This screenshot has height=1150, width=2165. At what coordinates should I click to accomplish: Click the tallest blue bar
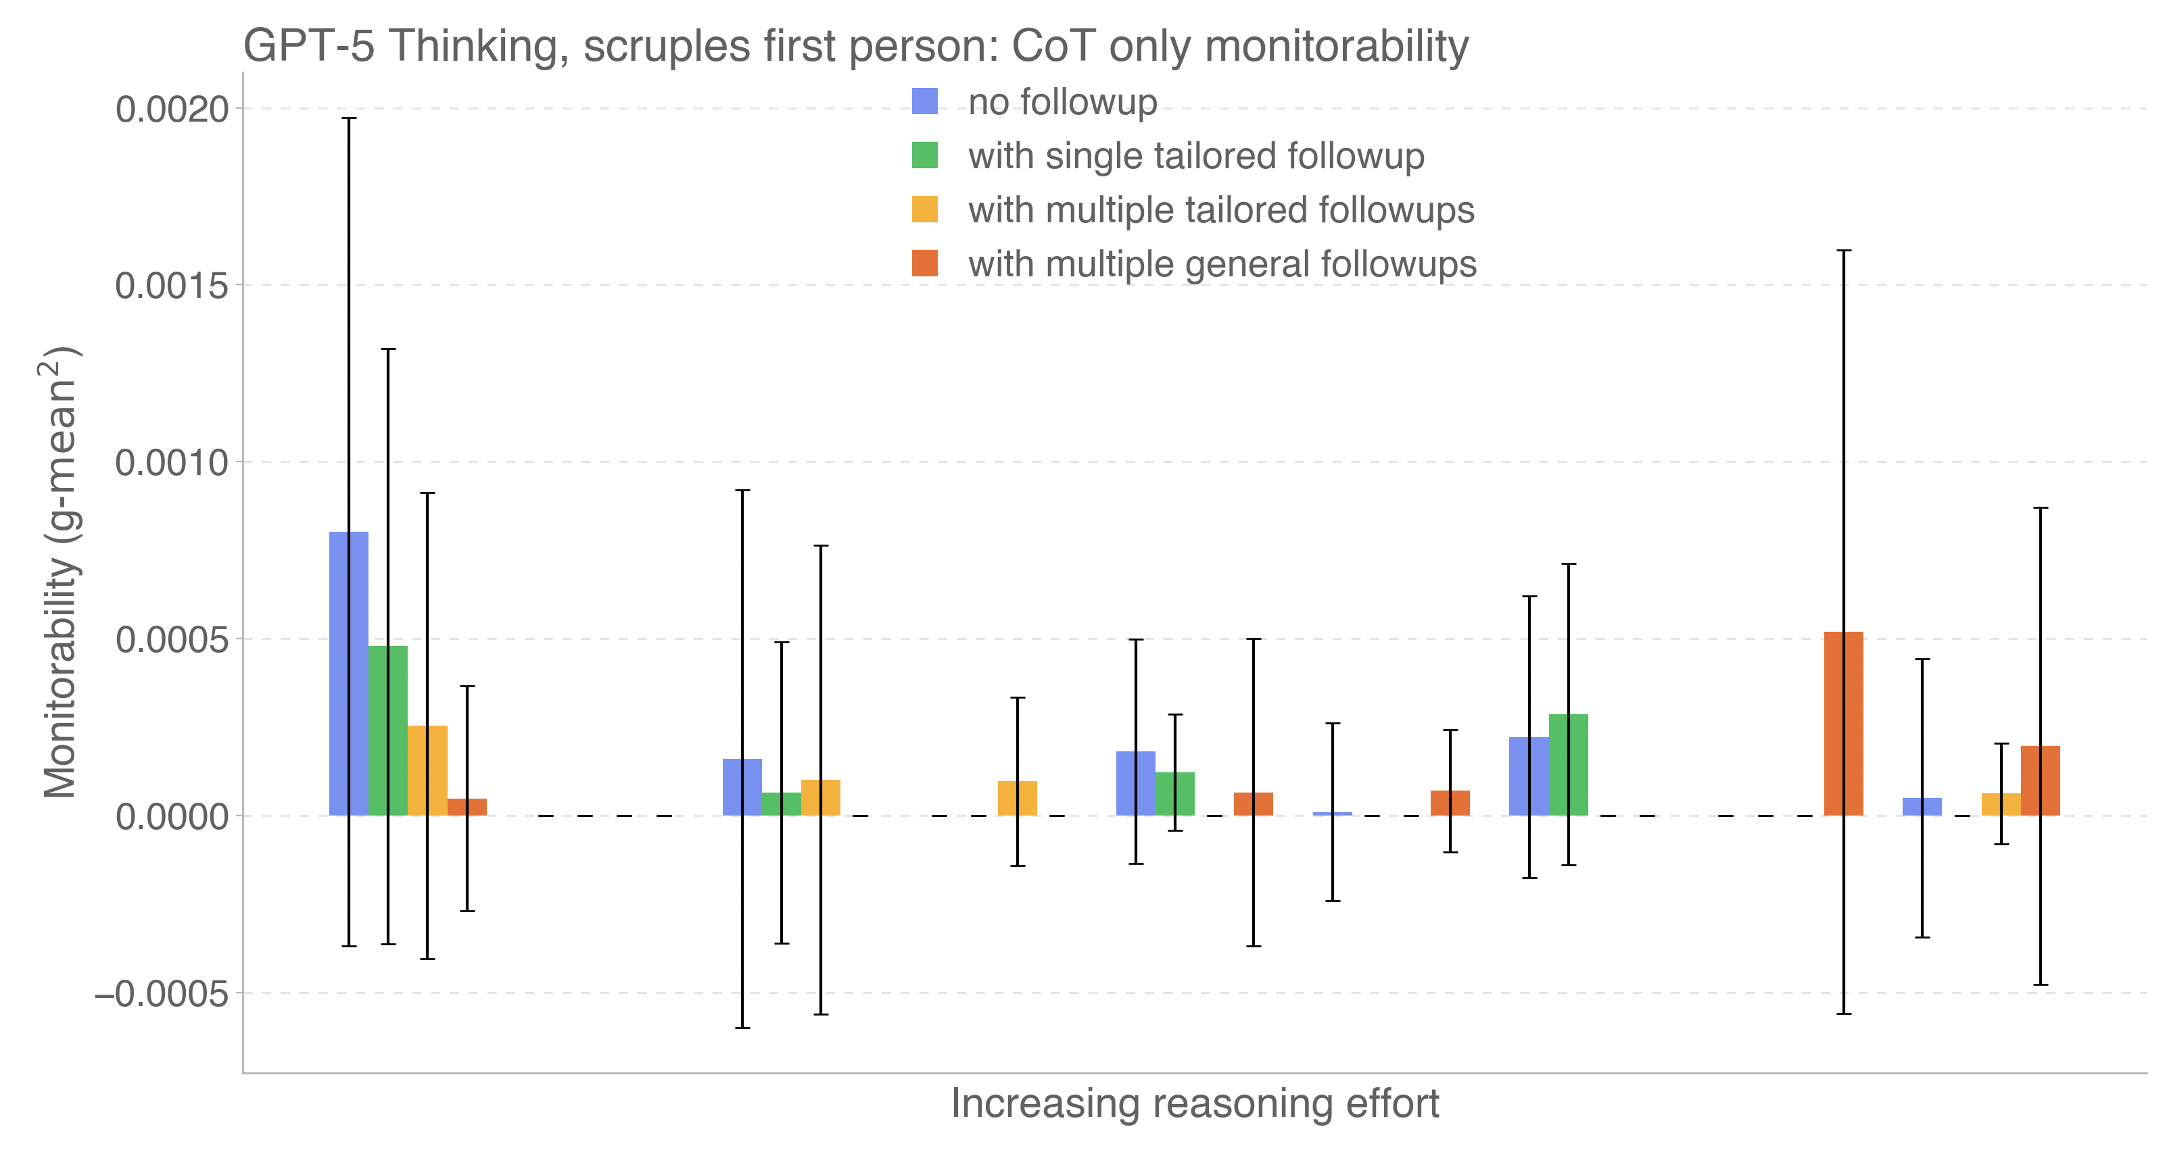349,674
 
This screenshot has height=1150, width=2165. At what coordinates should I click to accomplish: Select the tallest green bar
388,731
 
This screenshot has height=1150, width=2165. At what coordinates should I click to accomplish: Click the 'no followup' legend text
1062,103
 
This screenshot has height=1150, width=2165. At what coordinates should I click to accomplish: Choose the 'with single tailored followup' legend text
1196,156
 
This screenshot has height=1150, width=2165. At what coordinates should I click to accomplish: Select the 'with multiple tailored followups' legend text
1221,210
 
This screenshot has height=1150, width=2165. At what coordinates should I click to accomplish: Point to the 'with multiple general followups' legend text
1222,265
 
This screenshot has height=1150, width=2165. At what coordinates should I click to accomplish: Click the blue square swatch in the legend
924,101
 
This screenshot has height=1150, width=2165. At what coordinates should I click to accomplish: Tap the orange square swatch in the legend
924,264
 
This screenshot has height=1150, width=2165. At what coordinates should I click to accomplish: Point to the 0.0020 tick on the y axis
172,109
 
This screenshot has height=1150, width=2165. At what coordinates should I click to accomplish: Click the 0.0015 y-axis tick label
172,286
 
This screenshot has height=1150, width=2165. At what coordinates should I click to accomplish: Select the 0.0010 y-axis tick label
172,463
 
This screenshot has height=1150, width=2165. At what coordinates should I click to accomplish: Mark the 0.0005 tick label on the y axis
172,640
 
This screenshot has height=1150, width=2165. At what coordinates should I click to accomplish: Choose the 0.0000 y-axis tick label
172,816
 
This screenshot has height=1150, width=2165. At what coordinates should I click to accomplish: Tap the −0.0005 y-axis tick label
162,994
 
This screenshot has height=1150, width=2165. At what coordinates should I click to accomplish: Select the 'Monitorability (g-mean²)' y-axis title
60,571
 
